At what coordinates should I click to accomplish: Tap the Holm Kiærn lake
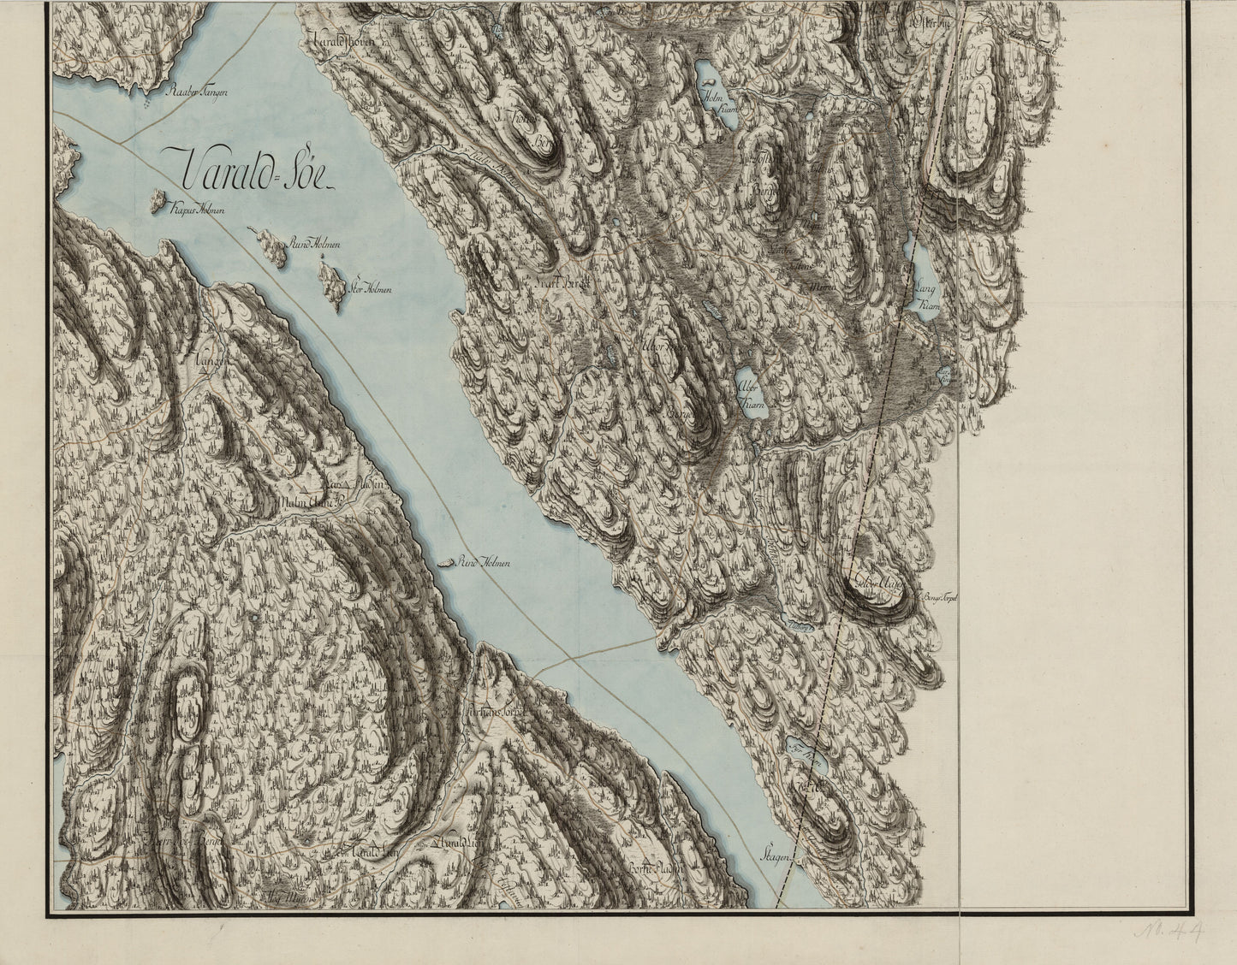pos(713,86)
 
